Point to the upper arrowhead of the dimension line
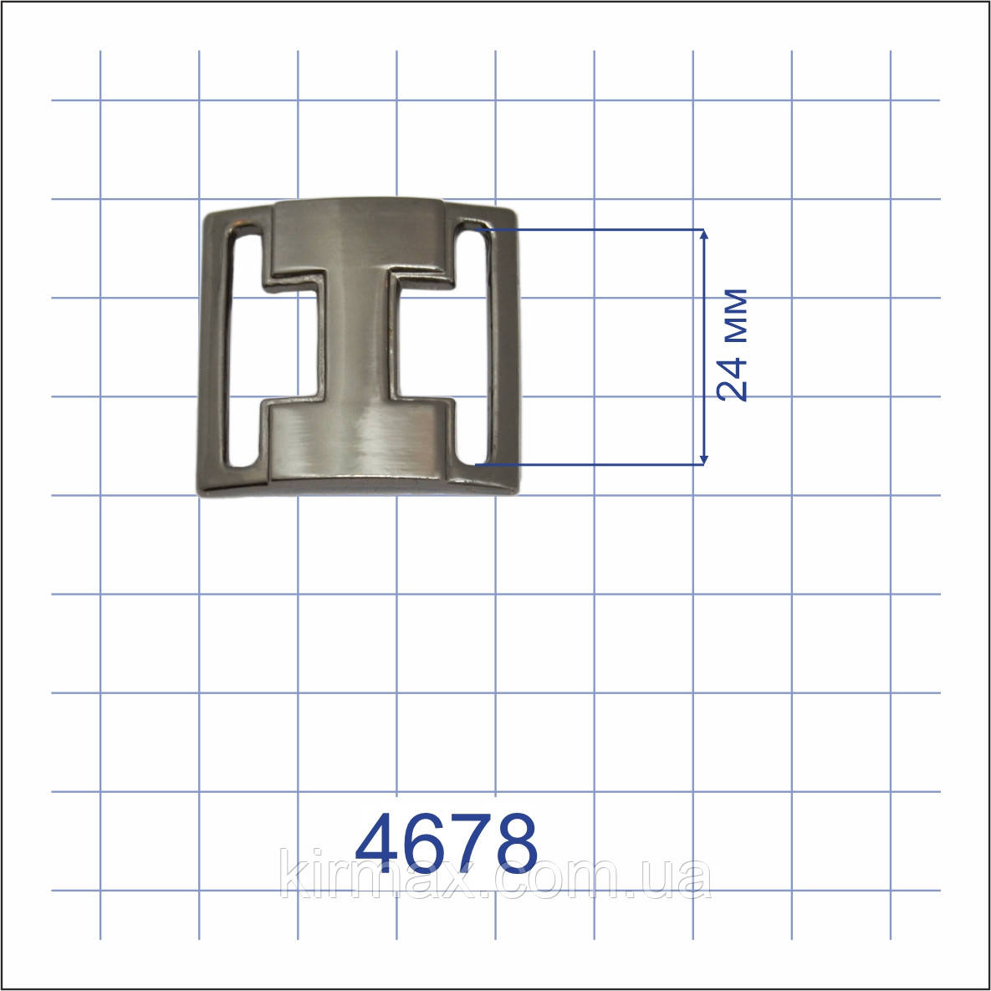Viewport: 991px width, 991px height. [x=704, y=235]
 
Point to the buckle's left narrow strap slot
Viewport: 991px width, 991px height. [x=244, y=347]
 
